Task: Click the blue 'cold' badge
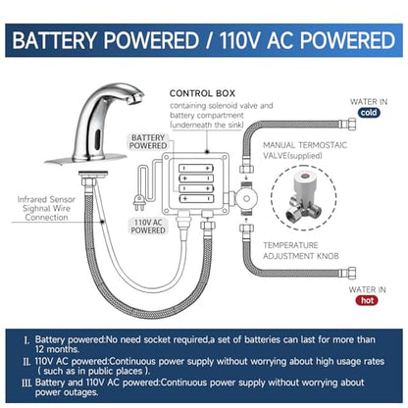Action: point(369,113)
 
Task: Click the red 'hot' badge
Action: point(367,300)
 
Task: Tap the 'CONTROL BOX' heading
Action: point(202,93)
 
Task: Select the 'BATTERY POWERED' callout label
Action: point(148,141)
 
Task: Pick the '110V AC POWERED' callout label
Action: point(148,227)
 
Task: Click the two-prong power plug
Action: point(138,203)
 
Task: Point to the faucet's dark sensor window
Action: point(97,139)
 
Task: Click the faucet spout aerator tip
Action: point(135,98)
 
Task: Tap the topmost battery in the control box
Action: point(196,169)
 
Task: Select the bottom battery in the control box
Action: point(196,198)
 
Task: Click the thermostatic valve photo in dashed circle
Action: point(304,198)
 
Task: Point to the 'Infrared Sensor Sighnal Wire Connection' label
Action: point(46,208)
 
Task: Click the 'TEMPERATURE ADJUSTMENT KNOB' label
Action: point(301,250)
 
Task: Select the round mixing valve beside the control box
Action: point(246,198)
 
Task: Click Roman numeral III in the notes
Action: point(26,383)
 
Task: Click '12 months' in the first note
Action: point(57,349)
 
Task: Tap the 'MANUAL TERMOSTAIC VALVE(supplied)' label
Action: point(305,150)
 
